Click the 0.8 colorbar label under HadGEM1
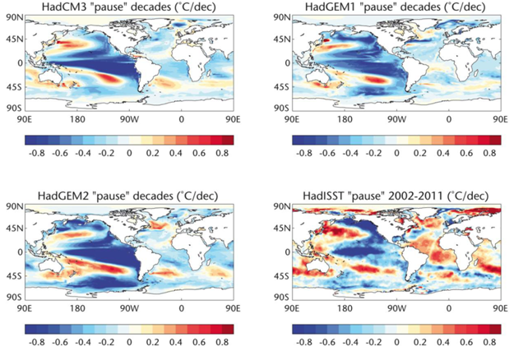click(490, 153)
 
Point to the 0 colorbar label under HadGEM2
click(130, 337)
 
